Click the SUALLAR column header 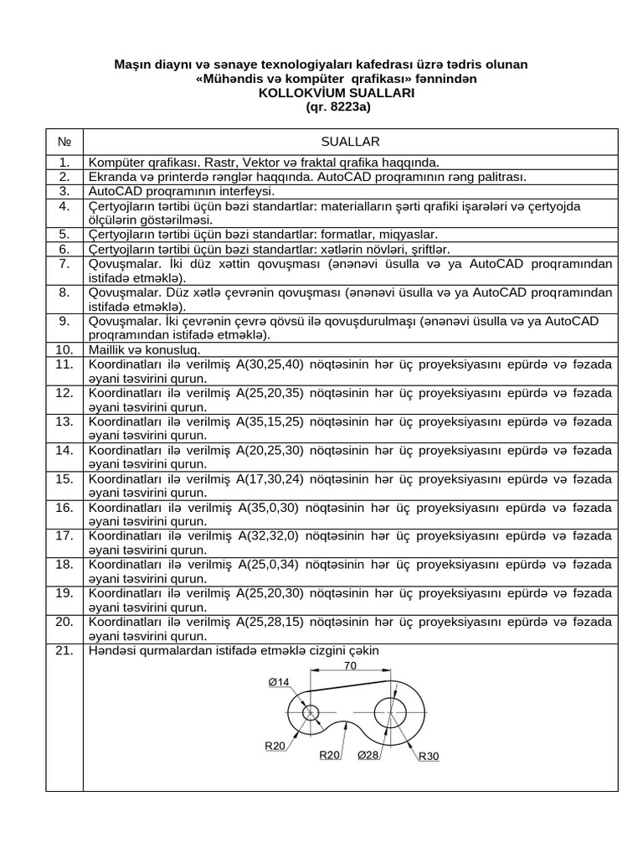coord(350,142)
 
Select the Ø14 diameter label coord(279,683)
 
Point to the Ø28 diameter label coord(368,755)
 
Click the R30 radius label coord(429,756)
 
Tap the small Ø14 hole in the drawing coord(311,713)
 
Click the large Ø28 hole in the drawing coord(391,714)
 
